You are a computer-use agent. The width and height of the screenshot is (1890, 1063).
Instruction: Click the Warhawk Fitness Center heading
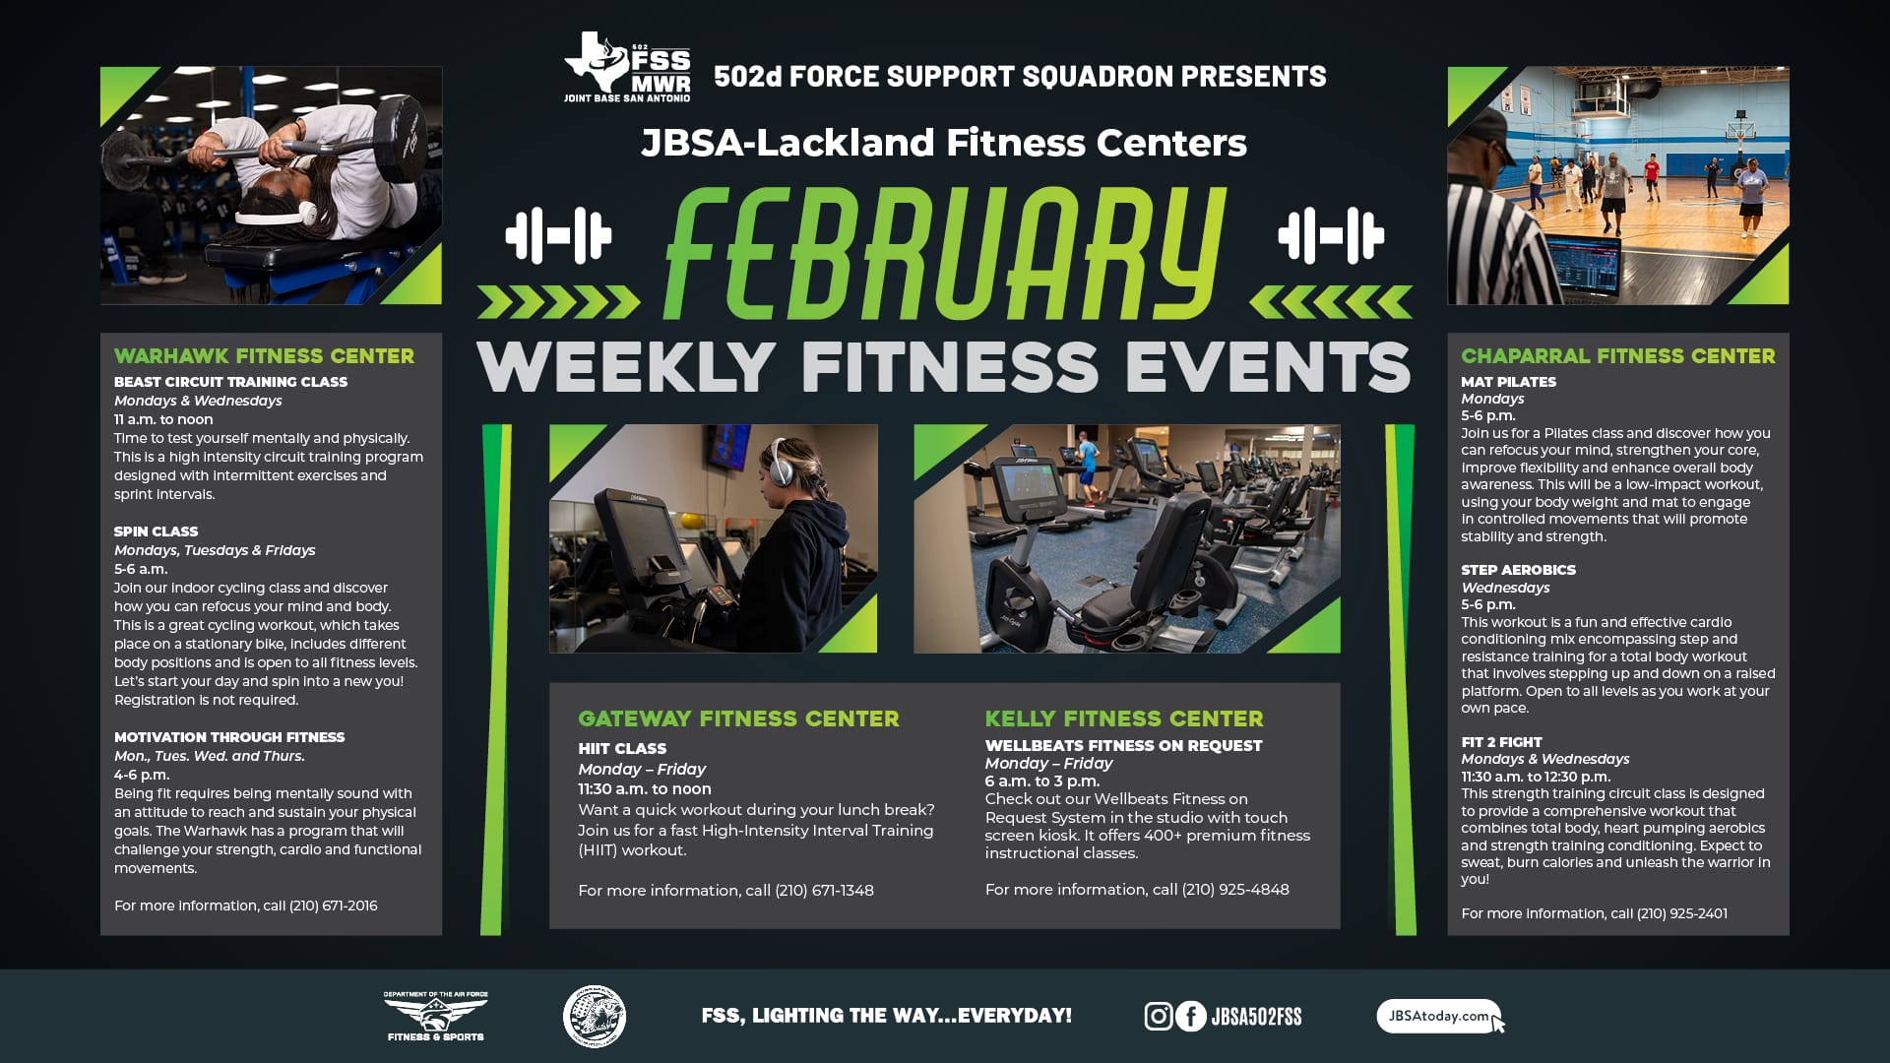coord(264,356)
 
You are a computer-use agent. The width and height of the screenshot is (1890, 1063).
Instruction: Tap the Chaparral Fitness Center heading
coord(1617,356)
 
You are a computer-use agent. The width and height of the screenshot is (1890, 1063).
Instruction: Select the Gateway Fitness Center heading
coord(738,719)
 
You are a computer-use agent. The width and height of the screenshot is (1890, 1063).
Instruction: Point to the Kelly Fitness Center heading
coord(1124,719)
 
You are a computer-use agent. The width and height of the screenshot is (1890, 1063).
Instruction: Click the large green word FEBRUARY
coord(945,254)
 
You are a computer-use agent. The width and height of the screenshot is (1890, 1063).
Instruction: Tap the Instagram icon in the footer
coord(1159,1016)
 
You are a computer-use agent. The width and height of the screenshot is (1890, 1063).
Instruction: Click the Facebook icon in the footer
coord(1191,1016)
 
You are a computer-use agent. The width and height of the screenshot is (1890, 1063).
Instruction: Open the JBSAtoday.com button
coord(1439,1017)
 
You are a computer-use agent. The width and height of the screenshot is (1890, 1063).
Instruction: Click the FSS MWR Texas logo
coord(627,66)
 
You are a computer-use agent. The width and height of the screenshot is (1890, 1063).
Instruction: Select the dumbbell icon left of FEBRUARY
coord(558,236)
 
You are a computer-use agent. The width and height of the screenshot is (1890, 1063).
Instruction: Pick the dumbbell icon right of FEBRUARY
coord(1331,236)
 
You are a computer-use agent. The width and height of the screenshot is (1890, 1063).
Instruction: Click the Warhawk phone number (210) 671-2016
coord(333,906)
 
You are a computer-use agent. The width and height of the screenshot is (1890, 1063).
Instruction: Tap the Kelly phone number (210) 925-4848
coord(1235,890)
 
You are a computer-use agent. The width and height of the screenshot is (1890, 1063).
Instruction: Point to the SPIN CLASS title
coord(156,531)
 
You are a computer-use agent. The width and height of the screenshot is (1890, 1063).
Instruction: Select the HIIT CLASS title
coord(622,749)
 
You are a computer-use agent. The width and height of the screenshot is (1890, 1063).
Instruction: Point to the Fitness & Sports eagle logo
coord(435,1016)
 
